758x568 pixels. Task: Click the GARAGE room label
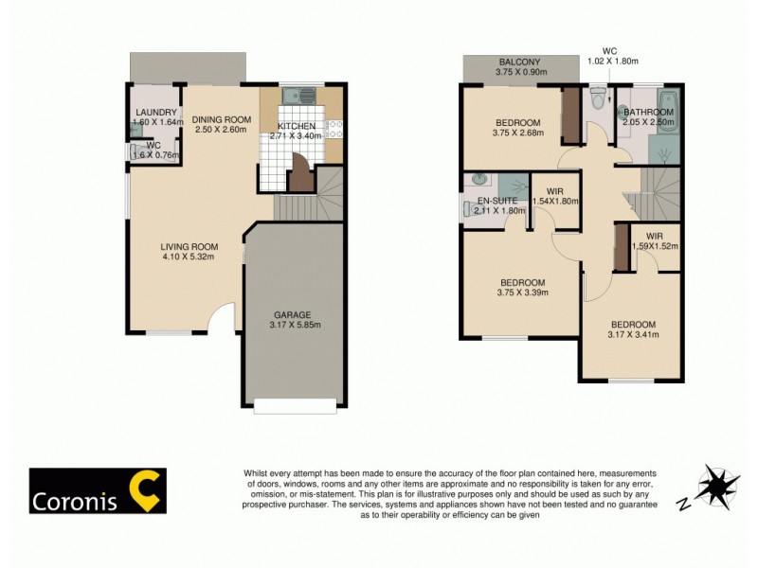coord(293,315)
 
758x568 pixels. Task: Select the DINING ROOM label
coord(222,119)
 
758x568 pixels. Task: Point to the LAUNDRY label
coord(157,113)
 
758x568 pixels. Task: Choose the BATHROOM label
coord(648,112)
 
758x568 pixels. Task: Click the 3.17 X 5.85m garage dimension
coord(294,327)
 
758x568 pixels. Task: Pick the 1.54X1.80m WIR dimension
coord(556,201)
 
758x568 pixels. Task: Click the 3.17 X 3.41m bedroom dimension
coord(633,333)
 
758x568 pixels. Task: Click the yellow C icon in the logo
coord(146,489)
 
